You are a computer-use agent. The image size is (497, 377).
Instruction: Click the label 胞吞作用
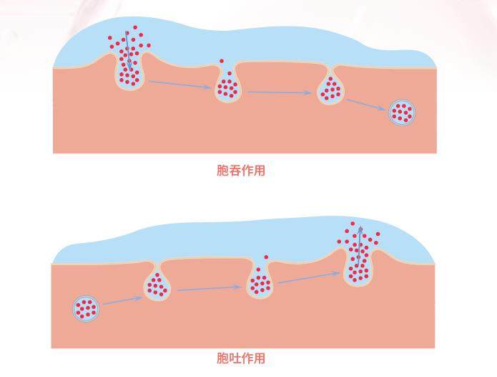coord(240,171)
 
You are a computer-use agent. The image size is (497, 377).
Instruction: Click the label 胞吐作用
coord(240,358)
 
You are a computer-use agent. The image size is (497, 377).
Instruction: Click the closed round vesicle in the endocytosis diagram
coord(402,112)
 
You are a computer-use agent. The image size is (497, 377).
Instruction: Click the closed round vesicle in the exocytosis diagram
coord(86,309)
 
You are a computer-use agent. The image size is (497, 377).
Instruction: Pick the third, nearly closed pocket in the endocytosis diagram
coord(330,90)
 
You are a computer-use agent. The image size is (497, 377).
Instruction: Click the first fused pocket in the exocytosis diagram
coord(157,285)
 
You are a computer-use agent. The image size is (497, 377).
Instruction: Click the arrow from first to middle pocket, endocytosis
coord(179,85)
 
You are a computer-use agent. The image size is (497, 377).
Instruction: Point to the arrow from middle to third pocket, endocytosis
coord(280,92)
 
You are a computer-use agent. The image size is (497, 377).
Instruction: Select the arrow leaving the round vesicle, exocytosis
coord(122,300)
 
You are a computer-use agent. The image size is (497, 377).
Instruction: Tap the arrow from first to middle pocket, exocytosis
coord(208,289)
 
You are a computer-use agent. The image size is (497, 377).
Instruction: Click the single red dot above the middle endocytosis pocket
coord(222,62)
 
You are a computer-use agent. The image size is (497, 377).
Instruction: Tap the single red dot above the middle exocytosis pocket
coord(265,257)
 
